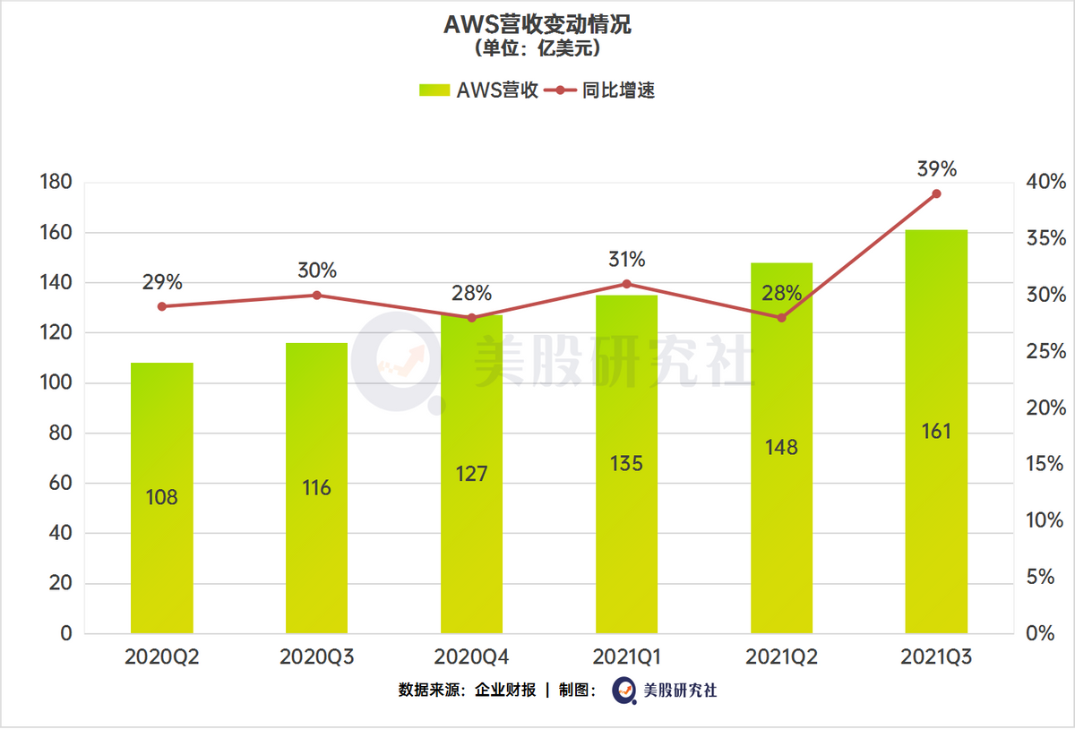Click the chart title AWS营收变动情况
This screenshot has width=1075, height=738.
[x=537, y=24]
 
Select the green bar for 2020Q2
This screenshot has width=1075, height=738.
[x=162, y=498]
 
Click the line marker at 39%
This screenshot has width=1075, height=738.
[x=936, y=193]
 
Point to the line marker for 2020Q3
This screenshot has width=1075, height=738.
[x=317, y=295]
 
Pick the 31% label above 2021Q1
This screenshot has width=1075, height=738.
[x=626, y=260]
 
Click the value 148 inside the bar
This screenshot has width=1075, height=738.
[x=781, y=446]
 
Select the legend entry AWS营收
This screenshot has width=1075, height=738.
[x=479, y=90]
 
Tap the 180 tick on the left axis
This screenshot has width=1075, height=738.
[x=56, y=183]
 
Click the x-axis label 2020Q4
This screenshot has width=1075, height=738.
[x=471, y=656]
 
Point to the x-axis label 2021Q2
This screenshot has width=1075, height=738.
[x=781, y=656]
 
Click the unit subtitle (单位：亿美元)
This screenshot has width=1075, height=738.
[x=537, y=48]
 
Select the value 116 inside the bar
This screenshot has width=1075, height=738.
[x=317, y=488]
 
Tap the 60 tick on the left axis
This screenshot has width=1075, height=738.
[x=60, y=484]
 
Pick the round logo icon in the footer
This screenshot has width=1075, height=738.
[x=624, y=691]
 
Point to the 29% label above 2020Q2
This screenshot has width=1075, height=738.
[x=162, y=282]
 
